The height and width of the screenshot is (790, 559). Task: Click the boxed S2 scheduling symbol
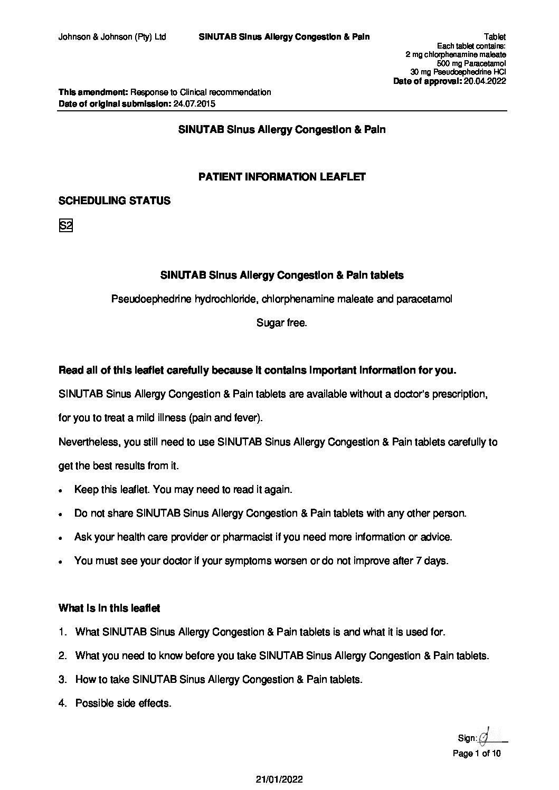coord(65,226)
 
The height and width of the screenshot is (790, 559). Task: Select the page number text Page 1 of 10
coord(477,754)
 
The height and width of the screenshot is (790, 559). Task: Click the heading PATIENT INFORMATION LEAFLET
coord(282,177)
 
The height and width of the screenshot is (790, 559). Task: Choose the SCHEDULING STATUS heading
coord(114,201)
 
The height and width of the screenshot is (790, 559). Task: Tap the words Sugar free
coord(281,322)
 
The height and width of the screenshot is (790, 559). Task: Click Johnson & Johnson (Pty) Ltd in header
coord(112,37)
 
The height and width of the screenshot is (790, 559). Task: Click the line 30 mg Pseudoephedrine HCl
coord(458,72)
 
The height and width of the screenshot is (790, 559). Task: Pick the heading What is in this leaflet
coord(109,608)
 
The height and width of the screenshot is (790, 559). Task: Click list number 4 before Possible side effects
coord(62,703)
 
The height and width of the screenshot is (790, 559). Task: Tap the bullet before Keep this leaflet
coord(62,490)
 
